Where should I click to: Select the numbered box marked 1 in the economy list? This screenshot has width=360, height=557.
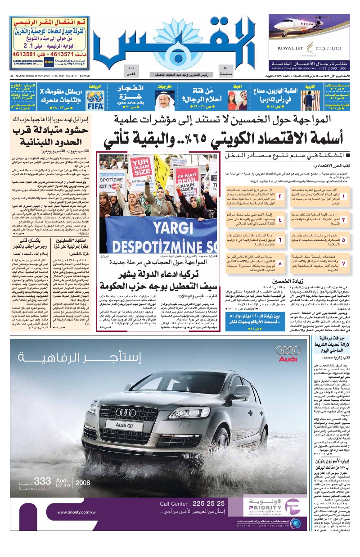tap(344, 184)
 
